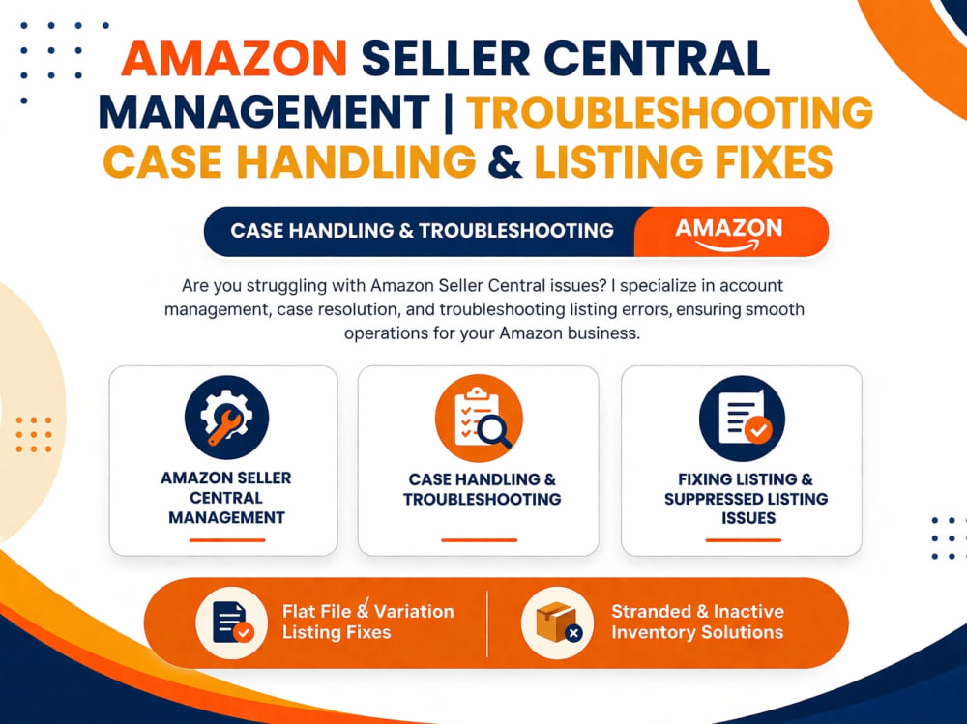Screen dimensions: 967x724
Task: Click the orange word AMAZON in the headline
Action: (x=234, y=59)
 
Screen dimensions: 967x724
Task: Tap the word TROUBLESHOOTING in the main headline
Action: (x=669, y=112)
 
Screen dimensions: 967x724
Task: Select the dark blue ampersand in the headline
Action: (x=505, y=162)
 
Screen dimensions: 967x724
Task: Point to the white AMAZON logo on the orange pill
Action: (x=728, y=233)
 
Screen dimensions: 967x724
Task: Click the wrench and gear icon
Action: (x=226, y=418)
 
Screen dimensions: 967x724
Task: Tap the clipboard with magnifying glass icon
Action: (x=479, y=419)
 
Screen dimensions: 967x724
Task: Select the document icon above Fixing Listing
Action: (x=742, y=419)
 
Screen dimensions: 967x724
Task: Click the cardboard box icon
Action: (x=557, y=623)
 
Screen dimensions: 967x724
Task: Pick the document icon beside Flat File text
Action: (x=231, y=623)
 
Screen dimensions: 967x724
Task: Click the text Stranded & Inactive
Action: (x=697, y=611)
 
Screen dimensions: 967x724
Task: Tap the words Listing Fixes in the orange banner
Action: (x=337, y=632)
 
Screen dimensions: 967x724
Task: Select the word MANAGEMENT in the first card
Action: (x=226, y=517)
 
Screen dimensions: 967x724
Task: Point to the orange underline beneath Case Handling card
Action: (x=479, y=540)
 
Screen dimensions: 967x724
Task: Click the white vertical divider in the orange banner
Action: (x=487, y=623)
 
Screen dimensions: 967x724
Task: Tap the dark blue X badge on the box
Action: (x=573, y=633)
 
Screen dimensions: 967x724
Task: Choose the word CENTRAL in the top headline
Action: (x=657, y=59)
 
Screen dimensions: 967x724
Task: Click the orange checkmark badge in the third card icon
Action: (x=758, y=429)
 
